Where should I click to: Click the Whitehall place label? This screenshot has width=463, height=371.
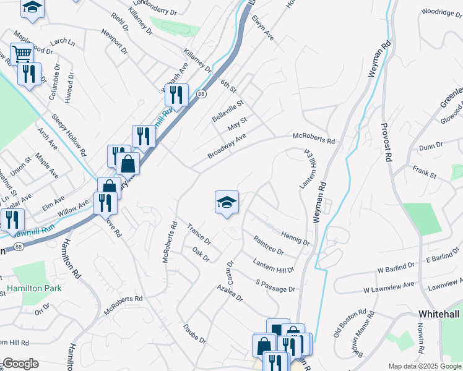click(x=439, y=314)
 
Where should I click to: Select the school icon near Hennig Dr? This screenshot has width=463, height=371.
click(x=227, y=202)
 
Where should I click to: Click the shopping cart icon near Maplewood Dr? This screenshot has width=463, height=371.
click(x=22, y=54)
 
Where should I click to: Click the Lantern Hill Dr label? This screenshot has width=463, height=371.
click(x=274, y=266)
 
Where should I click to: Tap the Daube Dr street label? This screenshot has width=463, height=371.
click(x=194, y=333)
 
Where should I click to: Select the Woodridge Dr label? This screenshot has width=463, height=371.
click(x=442, y=12)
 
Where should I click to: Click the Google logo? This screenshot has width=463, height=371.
click(x=20, y=364)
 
